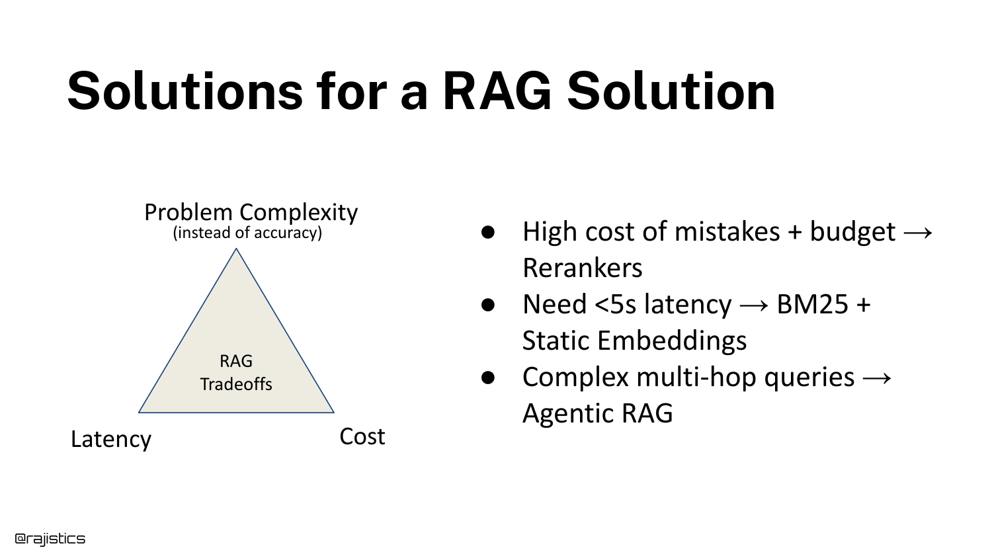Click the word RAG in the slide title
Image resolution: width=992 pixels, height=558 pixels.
(x=497, y=92)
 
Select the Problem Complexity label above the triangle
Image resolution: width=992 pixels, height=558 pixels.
(x=251, y=214)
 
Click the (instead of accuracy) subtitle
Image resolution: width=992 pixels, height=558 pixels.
(x=247, y=233)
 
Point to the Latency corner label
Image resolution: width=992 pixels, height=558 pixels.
(x=111, y=439)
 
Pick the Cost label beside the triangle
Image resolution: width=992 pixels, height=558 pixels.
(x=362, y=436)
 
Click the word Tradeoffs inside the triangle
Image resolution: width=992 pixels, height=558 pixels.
(x=236, y=384)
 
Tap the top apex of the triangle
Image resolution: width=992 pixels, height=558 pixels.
(x=236, y=249)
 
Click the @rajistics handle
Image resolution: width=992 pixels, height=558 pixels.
(x=50, y=539)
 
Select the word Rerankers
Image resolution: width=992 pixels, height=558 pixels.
(x=583, y=268)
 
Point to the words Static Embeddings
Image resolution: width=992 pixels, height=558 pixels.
(x=634, y=340)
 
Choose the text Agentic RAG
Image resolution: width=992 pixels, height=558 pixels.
(x=597, y=413)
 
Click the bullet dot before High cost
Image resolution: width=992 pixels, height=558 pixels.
(x=487, y=232)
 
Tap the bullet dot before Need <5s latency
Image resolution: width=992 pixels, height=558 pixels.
(x=487, y=305)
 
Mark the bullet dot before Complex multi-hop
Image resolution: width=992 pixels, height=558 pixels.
(x=487, y=378)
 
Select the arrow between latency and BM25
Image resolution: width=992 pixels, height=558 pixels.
(x=754, y=305)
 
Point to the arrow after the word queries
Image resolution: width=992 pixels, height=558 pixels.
(x=876, y=378)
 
